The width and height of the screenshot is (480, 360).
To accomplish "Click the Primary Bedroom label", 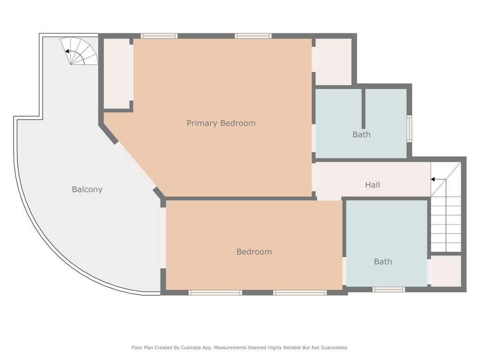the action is pos(221,123).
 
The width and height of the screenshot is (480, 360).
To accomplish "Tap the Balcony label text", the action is pos(87,189).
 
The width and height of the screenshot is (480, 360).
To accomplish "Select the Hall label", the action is pos(373,185).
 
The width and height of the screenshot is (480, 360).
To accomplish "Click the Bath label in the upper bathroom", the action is pos(361,135).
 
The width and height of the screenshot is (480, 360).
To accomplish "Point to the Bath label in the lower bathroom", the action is pos(383,262).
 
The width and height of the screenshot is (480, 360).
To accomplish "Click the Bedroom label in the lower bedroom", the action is pos(254,252).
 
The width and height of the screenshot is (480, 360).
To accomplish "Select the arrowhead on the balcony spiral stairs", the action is pos(67,51).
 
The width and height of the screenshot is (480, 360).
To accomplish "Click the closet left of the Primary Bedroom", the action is pos(117,74).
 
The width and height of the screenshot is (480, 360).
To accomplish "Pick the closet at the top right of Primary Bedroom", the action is pos(333,61).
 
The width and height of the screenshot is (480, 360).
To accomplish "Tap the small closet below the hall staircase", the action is pos(446,271).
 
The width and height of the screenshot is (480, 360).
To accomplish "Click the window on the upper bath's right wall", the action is pos(409,128).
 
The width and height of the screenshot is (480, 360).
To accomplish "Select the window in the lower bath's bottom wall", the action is pos(389,289).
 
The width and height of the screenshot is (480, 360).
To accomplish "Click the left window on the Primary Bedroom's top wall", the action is pos(159,36).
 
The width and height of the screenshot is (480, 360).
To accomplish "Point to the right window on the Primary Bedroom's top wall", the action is pos(253,36).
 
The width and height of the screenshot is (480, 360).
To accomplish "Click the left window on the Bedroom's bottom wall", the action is pos(215,292).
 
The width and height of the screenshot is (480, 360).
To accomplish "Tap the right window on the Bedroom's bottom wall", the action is pos(300,292).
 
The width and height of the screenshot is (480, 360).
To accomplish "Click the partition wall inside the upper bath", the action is pos(363,109).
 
